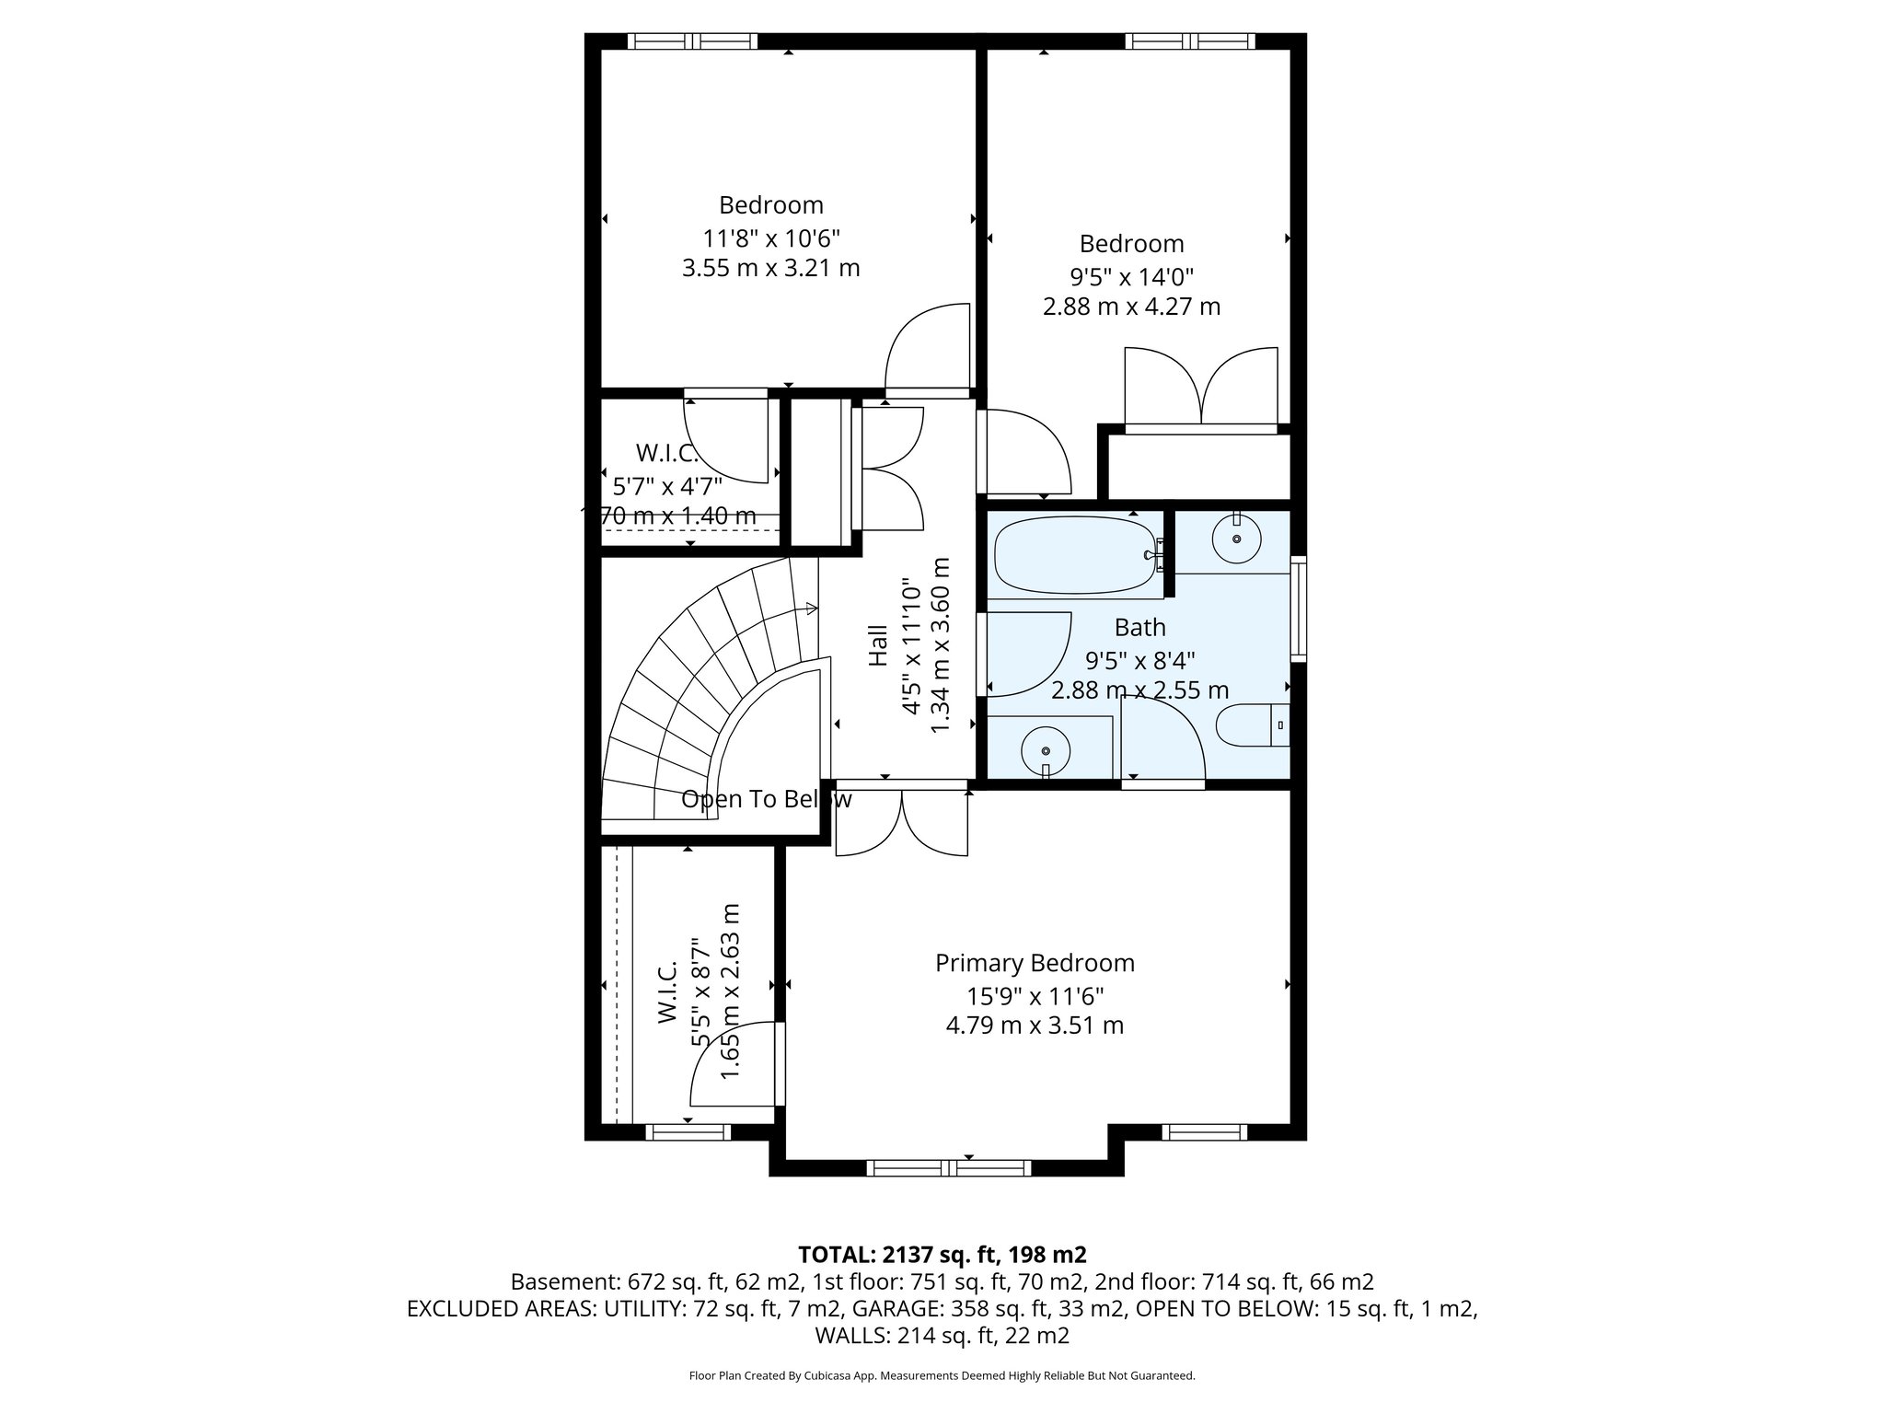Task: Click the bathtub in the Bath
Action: [1072, 556]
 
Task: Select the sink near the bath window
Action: [1236, 539]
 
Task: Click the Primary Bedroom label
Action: [1035, 963]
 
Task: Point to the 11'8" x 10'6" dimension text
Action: [771, 238]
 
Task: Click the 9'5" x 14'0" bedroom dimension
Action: [1131, 277]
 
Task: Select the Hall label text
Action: [878, 645]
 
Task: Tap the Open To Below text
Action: [766, 799]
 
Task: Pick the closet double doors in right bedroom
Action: [1201, 387]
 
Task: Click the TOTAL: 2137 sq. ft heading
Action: [942, 1255]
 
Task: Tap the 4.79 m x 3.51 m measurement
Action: [1035, 1025]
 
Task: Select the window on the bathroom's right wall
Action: [1299, 608]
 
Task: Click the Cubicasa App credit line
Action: [942, 1376]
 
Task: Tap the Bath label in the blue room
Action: [1139, 628]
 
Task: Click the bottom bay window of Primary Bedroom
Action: [949, 1168]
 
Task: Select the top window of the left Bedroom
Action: [692, 41]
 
